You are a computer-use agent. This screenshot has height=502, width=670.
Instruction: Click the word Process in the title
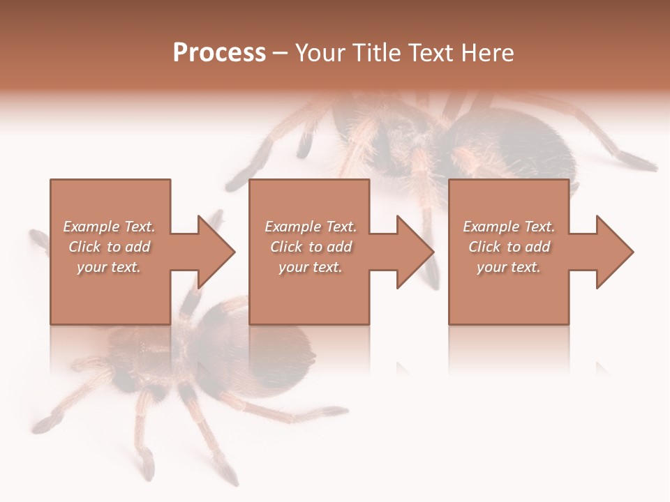[219, 53]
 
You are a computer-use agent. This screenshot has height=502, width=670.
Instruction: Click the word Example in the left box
[91, 227]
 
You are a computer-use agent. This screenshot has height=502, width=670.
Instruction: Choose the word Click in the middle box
[285, 247]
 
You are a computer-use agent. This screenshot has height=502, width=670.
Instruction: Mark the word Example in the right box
[491, 227]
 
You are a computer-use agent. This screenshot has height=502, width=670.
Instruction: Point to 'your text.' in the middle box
[310, 267]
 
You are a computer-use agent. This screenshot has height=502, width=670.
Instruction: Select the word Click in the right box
[484, 247]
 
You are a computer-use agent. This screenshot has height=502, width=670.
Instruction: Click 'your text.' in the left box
[109, 267]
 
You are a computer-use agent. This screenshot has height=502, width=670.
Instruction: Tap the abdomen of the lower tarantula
[279, 349]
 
